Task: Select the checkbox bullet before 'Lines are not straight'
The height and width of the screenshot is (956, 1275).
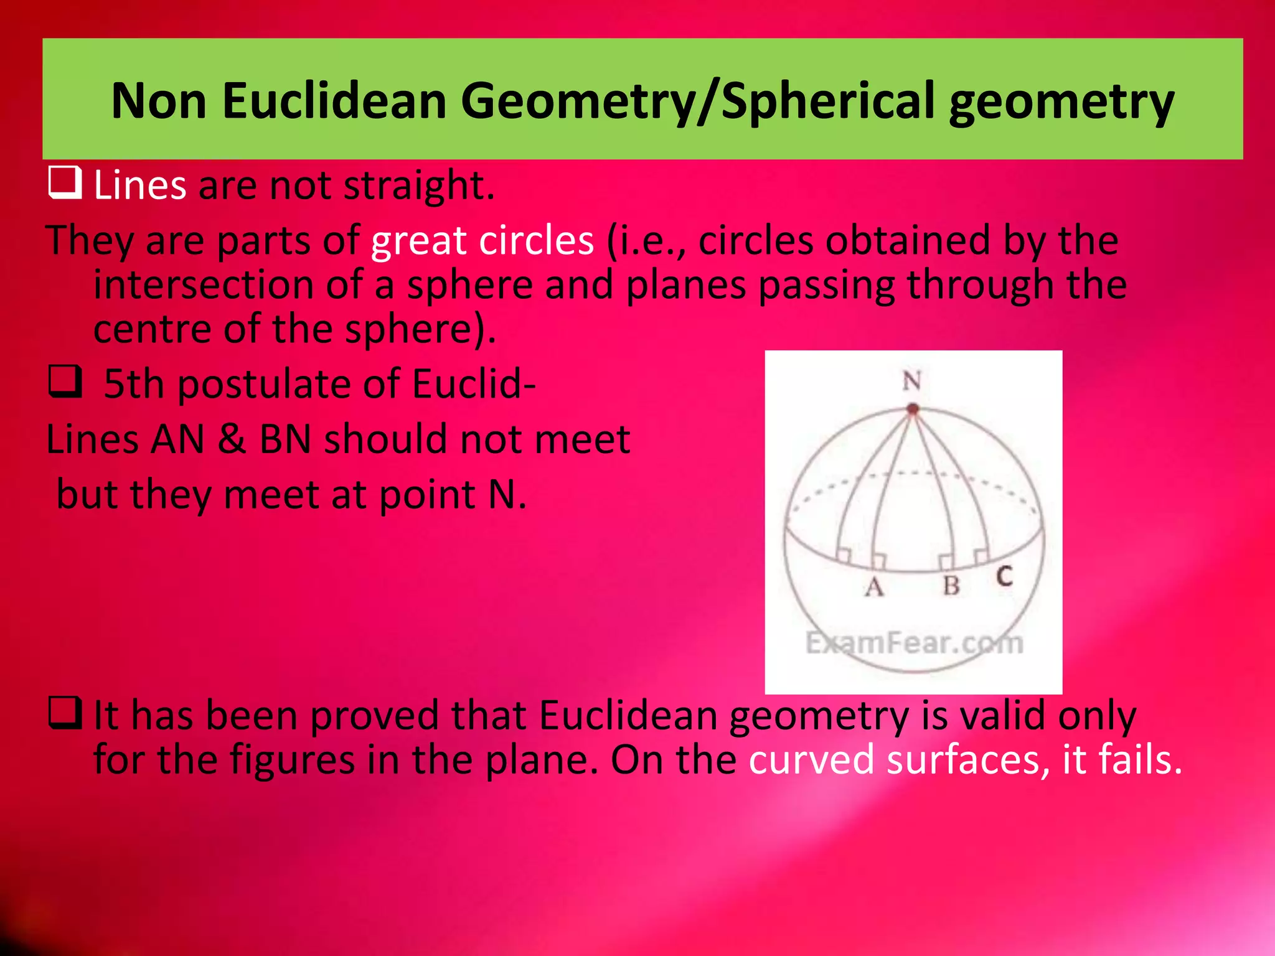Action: tap(65, 184)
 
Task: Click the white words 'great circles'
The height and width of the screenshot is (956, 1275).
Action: tap(482, 240)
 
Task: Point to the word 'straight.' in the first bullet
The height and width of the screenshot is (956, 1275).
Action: tap(419, 185)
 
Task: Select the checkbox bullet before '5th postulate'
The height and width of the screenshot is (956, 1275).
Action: tap(65, 382)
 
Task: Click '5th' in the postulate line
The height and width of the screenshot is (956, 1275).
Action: tap(133, 383)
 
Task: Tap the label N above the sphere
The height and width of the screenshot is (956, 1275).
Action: tap(912, 380)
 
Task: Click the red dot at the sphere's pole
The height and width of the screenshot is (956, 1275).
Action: tap(913, 409)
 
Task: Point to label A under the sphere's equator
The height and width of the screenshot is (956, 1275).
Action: tap(874, 586)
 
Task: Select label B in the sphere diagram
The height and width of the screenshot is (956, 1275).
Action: tap(951, 585)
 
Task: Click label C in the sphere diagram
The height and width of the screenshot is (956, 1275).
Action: tap(1004, 576)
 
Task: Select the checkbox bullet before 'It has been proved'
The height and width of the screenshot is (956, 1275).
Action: tap(65, 713)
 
